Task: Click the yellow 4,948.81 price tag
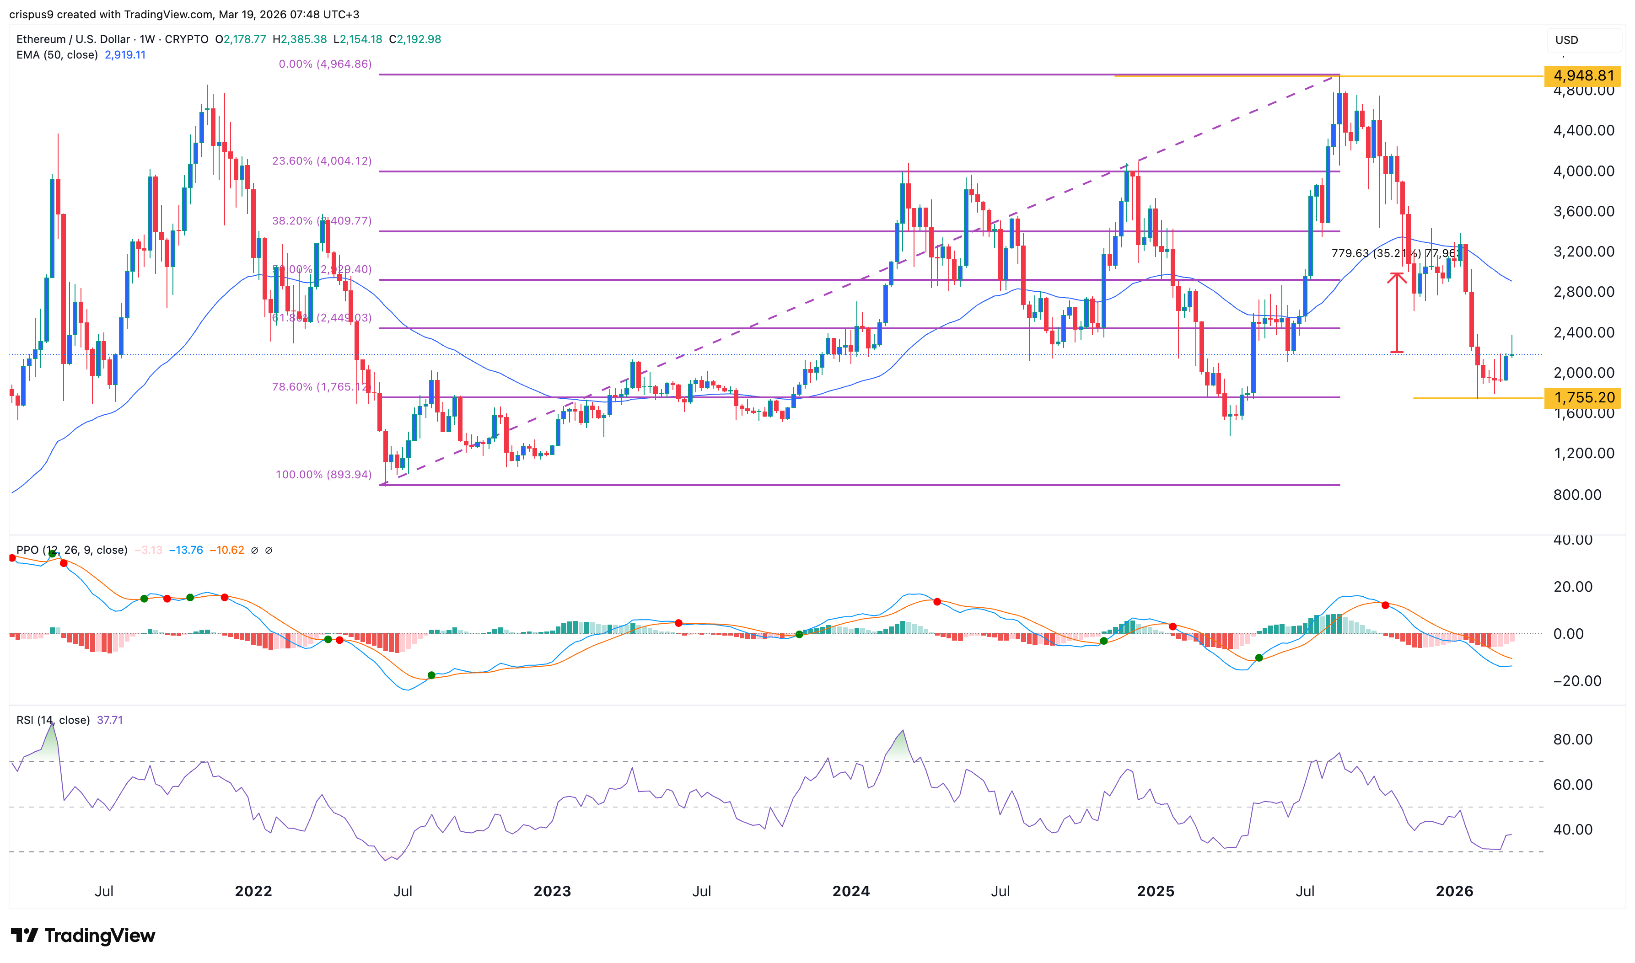(x=1582, y=76)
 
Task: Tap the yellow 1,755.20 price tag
(x=1582, y=398)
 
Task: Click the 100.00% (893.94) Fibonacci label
(x=323, y=474)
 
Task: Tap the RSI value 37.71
(x=110, y=720)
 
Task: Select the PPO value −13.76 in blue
(x=186, y=550)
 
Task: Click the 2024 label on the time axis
(x=850, y=891)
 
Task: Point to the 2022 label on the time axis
(x=253, y=891)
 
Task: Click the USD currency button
(x=1566, y=40)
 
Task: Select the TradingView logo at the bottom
(x=83, y=935)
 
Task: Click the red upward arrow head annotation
(x=1396, y=278)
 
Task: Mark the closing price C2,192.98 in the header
(x=415, y=39)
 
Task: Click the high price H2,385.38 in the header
(x=299, y=39)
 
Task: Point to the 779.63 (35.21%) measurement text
(x=1375, y=253)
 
